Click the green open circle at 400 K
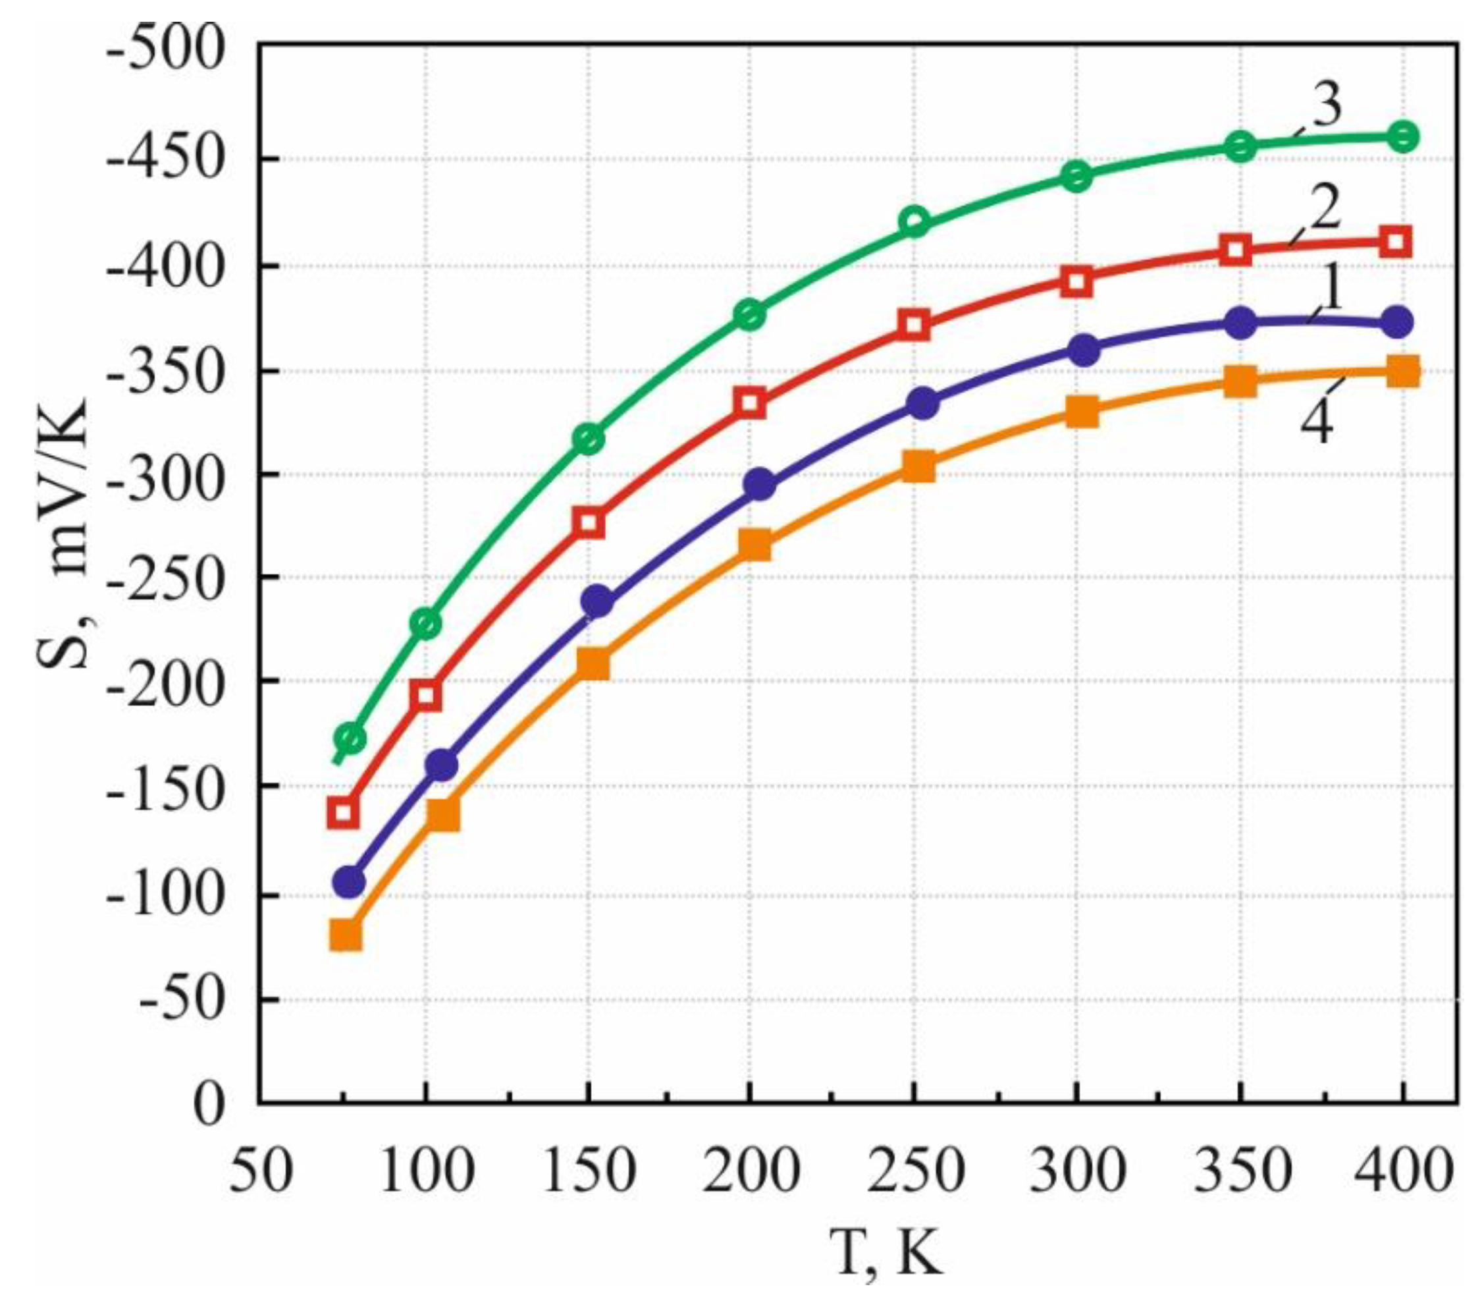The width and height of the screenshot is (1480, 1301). click(1402, 137)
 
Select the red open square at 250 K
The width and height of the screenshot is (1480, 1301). click(914, 325)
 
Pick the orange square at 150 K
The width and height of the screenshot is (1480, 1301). click(594, 663)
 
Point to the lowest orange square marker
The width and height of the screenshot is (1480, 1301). click(346, 935)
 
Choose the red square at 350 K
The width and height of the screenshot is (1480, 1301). click(1239, 250)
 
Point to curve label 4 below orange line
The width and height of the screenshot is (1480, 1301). click(1316, 422)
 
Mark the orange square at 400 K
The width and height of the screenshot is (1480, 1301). click(1402, 371)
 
